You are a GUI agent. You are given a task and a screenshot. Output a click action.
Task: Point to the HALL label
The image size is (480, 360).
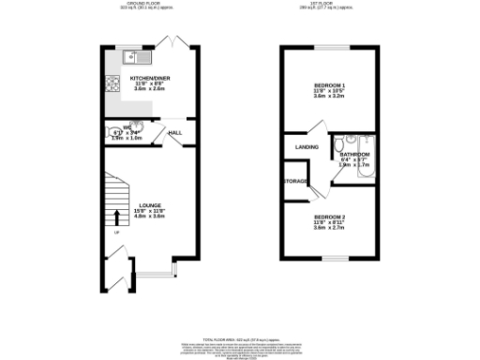174,134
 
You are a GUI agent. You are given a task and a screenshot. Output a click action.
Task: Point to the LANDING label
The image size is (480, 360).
307,147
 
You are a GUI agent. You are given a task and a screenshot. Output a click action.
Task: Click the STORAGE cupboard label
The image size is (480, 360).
297,181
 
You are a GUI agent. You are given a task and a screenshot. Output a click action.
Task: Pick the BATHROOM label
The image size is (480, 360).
353,154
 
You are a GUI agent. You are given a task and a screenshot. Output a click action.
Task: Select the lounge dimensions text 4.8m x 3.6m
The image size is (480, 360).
150,217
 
